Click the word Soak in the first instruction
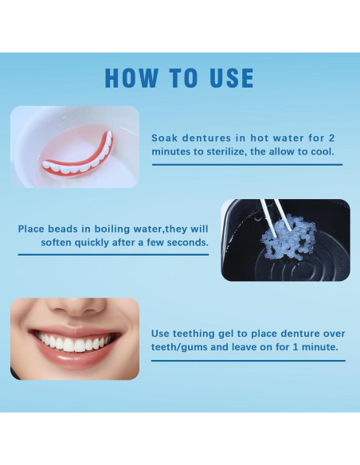pos(164,138)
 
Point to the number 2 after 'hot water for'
pos(331,138)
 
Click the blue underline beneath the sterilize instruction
pos(246,165)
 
